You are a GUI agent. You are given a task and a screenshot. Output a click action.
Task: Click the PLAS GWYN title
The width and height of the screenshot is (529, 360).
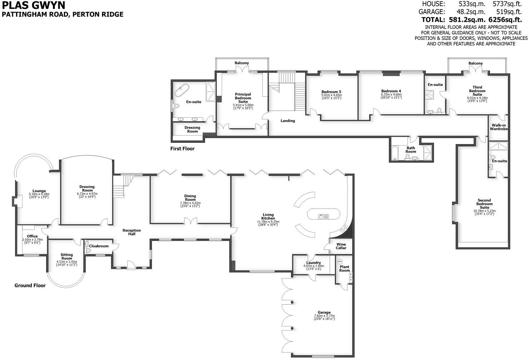coord(34,5)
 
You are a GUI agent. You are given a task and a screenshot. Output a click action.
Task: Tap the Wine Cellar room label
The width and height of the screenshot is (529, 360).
coord(341,246)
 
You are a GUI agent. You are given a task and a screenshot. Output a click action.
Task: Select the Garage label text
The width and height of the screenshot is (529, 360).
coord(324,312)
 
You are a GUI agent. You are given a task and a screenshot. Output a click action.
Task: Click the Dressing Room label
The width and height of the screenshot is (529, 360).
coord(192,129)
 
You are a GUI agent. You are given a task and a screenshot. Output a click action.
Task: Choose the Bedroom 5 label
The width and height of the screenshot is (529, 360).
coord(331,91)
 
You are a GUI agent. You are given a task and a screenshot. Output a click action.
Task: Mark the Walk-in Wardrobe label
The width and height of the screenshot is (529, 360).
coord(499,127)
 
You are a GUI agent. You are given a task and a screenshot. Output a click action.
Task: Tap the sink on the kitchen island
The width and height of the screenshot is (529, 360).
coord(321,216)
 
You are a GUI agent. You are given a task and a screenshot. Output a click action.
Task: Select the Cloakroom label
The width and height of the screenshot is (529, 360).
coord(99,246)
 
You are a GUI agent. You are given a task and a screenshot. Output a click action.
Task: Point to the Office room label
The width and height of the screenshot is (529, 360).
coord(32,236)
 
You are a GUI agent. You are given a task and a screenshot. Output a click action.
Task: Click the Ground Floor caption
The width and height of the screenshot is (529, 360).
coord(30,285)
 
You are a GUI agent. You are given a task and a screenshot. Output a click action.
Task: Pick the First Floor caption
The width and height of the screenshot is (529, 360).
coord(182,149)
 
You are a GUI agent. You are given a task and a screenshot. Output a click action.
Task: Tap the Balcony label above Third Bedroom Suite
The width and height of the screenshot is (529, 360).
coord(475,63)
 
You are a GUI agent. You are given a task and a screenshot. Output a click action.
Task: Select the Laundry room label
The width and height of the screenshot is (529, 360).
coord(313,262)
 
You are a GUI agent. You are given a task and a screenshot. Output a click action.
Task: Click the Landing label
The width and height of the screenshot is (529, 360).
coord(287,121)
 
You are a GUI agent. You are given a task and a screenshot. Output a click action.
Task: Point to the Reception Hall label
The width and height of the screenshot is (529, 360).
coord(132,232)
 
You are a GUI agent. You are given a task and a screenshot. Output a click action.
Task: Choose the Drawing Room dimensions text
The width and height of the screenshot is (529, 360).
coord(87,195)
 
